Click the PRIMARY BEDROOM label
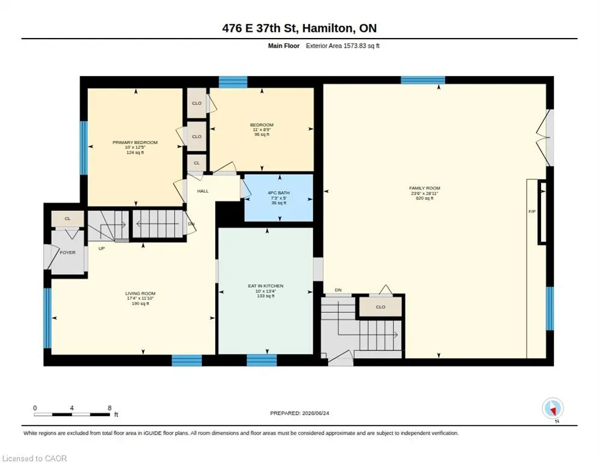coord(135,142)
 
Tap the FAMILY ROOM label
coord(424,188)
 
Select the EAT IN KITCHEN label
coord(266,286)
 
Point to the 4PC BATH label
coord(278,193)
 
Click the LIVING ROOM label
coord(140,294)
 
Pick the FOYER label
coord(67,253)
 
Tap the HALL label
coord(203,191)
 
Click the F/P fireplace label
coord(532,212)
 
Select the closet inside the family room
coord(380,307)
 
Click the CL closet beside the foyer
coord(67,219)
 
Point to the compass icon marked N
coord(553,409)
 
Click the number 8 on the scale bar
coord(110,408)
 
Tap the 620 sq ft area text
coord(424,198)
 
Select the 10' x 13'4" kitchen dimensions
coord(266,291)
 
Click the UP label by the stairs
coord(102,248)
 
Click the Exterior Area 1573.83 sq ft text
coord(343,46)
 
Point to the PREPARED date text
coord(299,414)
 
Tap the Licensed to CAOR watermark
coord(34,458)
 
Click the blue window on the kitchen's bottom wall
coord(262,360)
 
